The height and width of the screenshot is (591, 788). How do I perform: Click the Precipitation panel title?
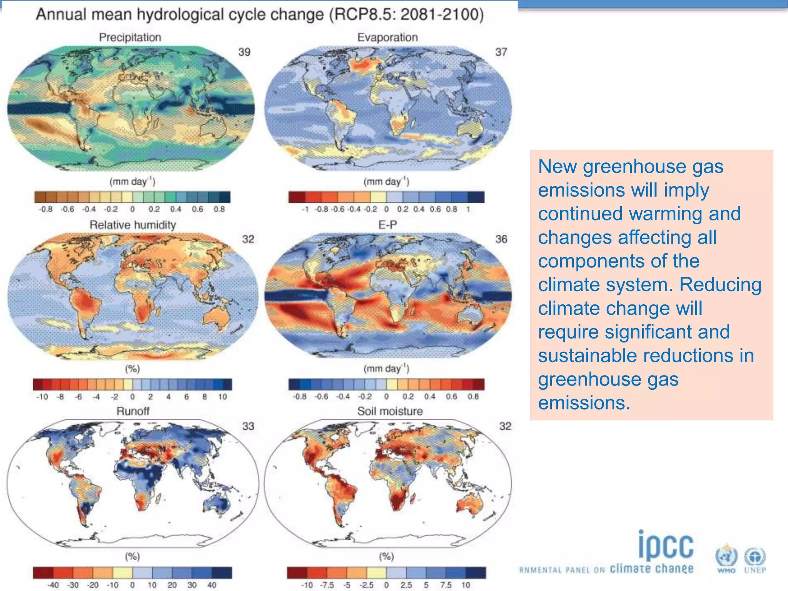tap(130, 37)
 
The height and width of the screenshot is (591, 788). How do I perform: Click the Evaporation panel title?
tap(387, 37)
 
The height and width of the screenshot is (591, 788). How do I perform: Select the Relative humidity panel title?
tap(133, 225)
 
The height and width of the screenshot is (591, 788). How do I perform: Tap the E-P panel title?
tap(387, 225)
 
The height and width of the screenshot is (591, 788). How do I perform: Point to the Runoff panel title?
tap(133, 411)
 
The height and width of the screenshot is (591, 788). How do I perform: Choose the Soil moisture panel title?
tap(390, 411)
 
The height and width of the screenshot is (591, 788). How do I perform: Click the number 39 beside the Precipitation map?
tap(244, 52)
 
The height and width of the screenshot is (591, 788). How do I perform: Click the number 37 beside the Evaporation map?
tap(501, 52)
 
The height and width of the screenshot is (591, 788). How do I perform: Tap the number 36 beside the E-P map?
tap(501, 239)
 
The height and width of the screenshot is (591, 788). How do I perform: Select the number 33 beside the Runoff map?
tap(248, 426)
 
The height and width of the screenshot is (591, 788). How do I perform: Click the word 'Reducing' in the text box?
tap(720, 285)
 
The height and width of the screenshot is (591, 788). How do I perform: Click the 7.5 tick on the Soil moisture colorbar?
tap(446, 585)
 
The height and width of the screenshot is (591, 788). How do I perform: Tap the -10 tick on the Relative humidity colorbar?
tap(42, 397)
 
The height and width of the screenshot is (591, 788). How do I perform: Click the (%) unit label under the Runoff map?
tap(132, 556)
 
